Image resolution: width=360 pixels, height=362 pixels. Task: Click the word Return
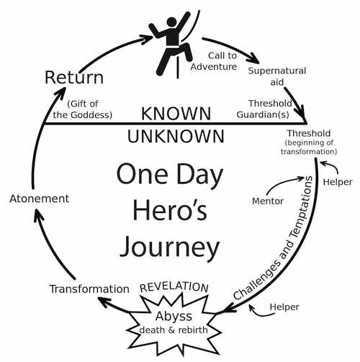click(x=74, y=77)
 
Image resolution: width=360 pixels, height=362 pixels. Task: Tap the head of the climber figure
click(x=171, y=22)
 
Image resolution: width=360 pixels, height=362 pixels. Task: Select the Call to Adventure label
click(x=214, y=61)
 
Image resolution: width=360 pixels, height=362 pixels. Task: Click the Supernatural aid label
click(x=277, y=76)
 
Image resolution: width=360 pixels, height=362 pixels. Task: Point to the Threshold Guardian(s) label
click(x=264, y=109)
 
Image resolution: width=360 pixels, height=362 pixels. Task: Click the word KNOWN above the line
click(x=176, y=114)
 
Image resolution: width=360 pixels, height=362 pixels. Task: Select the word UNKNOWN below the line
click(x=176, y=136)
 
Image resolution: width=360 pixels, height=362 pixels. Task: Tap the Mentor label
click(x=268, y=201)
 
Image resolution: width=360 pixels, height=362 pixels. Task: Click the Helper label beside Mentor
click(x=338, y=182)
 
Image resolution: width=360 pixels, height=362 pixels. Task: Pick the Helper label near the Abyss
click(x=284, y=307)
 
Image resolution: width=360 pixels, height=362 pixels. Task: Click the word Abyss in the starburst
click(x=174, y=317)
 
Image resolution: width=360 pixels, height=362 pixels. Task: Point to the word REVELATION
click(x=174, y=287)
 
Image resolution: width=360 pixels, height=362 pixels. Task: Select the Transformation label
click(x=89, y=289)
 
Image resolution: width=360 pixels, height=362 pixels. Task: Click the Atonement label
click(x=40, y=199)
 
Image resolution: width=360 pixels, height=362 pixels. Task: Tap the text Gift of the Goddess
click(x=83, y=109)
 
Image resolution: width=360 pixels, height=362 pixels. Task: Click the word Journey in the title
click(x=169, y=247)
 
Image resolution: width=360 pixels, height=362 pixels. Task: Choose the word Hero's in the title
click(x=170, y=209)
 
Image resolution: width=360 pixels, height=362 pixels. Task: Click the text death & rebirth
click(x=174, y=330)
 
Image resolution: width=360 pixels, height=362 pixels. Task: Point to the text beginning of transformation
click(x=309, y=147)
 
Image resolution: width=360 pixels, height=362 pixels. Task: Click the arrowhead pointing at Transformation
click(x=106, y=302)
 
